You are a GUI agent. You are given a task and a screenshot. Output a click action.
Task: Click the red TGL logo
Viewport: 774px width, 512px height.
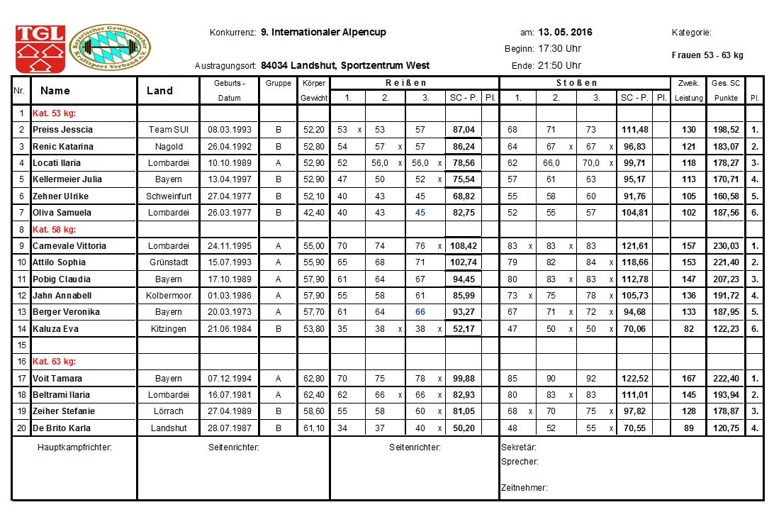click(x=40, y=48)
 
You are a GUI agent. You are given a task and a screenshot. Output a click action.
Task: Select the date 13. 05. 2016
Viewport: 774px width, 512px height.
click(x=565, y=33)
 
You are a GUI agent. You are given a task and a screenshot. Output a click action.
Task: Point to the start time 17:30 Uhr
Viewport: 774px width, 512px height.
click(x=559, y=49)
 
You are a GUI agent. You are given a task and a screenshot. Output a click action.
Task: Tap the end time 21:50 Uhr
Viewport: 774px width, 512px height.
click(x=559, y=65)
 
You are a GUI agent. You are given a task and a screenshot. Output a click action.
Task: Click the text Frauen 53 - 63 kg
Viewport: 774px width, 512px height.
click(x=707, y=55)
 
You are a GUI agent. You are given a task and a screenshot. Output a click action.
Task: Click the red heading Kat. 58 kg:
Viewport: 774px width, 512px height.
click(x=54, y=229)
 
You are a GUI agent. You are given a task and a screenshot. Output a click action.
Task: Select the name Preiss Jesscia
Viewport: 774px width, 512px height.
click(x=62, y=130)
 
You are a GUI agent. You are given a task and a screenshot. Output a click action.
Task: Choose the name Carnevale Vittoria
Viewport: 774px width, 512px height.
click(x=69, y=246)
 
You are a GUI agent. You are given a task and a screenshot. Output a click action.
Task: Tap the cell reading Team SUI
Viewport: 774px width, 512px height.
click(x=168, y=130)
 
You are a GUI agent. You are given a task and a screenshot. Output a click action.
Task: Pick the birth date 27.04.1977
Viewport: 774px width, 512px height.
click(x=229, y=196)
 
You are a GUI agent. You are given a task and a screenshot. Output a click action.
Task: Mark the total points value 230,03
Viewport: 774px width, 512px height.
click(x=727, y=246)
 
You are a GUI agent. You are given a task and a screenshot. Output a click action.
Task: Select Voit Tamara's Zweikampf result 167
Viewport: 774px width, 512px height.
click(x=688, y=379)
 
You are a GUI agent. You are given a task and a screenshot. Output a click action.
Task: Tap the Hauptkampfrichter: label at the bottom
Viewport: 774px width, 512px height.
click(x=74, y=447)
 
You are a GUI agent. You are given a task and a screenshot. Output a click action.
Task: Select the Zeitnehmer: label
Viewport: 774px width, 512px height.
click(x=524, y=488)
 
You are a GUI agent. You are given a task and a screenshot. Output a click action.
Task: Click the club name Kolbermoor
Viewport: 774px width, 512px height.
click(x=168, y=296)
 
